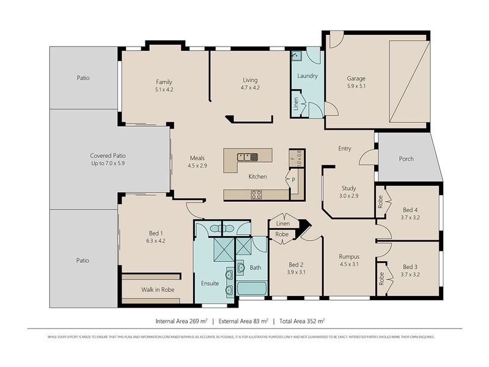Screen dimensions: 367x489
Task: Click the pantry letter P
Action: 293,180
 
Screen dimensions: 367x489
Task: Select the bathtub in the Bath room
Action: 251,288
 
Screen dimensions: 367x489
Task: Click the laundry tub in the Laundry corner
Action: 296,56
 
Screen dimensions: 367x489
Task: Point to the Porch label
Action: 406,159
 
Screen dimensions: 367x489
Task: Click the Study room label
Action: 348,188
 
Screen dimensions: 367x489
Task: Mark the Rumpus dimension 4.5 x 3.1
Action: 350,265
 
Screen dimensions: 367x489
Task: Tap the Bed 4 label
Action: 411,209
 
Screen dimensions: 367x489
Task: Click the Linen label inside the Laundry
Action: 296,104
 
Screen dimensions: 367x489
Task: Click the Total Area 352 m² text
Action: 305,320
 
